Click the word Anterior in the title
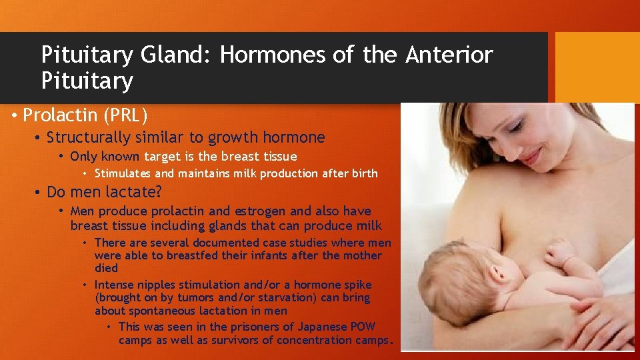click(x=449, y=55)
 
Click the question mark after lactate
click(x=158, y=193)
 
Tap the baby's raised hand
click(x=559, y=253)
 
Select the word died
click(x=106, y=268)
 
